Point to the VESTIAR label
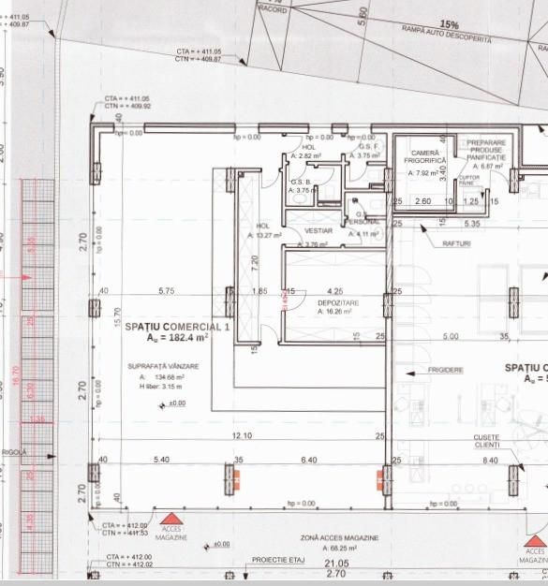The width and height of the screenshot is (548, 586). (318, 230)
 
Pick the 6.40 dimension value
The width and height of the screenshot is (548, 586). (307, 460)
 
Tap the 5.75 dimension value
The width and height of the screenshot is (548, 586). (167, 291)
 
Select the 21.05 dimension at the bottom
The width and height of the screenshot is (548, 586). (336, 564)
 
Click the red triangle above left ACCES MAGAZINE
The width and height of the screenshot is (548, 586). (170, 518)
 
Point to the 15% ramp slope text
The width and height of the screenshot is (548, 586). (450, 24)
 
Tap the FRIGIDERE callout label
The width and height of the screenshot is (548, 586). (448, 370)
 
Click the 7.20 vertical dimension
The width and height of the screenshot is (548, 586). (255, 263)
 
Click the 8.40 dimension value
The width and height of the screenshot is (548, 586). (489, 460)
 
